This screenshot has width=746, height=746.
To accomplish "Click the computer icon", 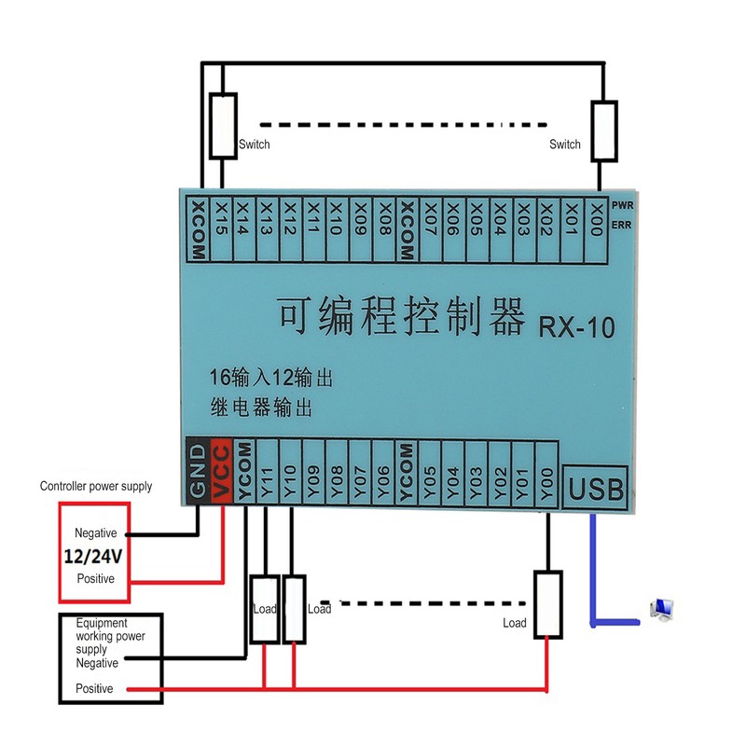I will tap(663, 609).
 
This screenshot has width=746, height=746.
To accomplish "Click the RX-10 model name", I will tap(575, 326).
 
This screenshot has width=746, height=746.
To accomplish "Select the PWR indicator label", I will tap(624, 203).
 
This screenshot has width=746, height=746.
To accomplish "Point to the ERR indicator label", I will tap(624, 225).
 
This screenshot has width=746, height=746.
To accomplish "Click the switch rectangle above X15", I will tap(222, 126).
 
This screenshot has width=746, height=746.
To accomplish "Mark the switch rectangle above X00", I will tap(604, 131).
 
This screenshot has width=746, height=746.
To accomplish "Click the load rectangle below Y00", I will tap(548, 604).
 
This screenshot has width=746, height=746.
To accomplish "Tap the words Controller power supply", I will tap(95, 486).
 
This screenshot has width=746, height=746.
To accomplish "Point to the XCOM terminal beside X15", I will tap(198, 224).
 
